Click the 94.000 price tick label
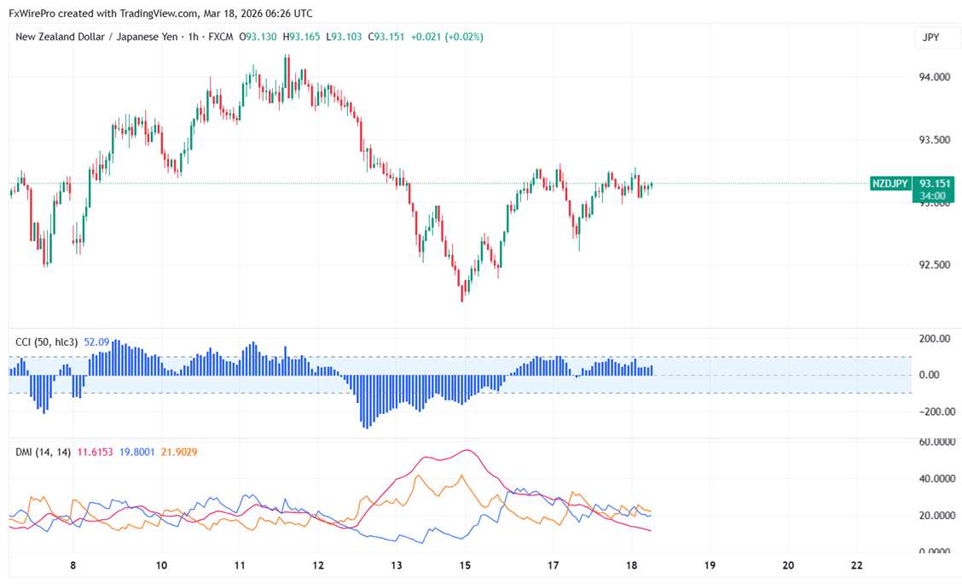[x=935, y=77]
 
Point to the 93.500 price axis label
[x=935, y=139]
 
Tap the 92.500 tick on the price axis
[x=935, y=265]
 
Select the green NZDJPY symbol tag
[x=890, y=184]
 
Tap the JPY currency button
[x=931, y=38]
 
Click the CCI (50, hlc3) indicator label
[x=47, y=342]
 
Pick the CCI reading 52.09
[x=96, y=342]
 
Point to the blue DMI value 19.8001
[x=137, y=452]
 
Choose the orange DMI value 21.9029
[x=179, y=452]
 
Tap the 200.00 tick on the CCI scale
[x=934, y=339]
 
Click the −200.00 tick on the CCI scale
[x=933, y=412]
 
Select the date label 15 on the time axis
[x=465, y=565]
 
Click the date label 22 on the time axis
[x=857, y=565]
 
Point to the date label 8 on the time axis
[x=73, y=565]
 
